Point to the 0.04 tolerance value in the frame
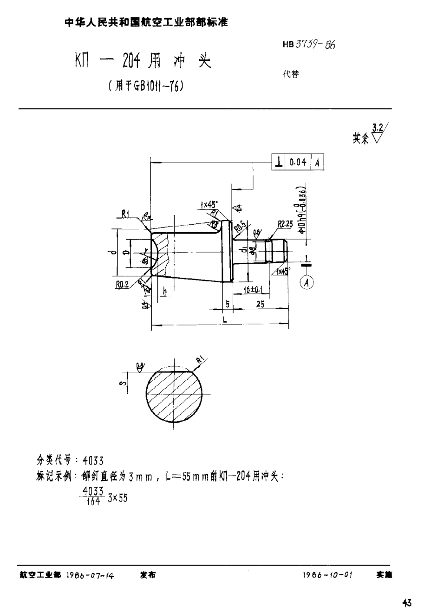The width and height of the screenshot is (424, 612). [298, 162]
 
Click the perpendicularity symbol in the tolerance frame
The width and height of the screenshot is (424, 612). [279, 162]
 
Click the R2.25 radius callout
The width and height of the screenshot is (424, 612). [284, 224]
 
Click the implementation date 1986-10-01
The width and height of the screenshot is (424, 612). [327, 574]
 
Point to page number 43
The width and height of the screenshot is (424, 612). [407, 603]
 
